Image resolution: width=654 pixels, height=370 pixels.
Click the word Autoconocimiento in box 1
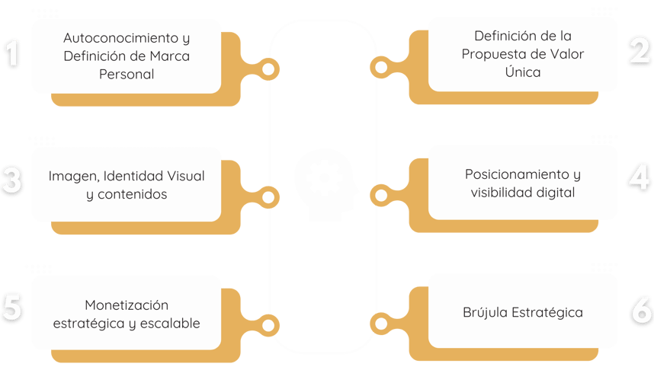[121, 38]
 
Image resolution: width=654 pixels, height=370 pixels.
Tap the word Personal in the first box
[127, 74]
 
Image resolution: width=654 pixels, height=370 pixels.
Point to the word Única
[523, 72]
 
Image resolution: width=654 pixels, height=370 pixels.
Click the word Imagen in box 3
[74, 177]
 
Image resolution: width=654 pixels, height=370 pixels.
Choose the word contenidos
[132, 194]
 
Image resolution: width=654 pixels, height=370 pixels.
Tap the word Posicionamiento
[517, 174]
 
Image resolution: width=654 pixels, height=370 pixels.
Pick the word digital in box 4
[556, 193]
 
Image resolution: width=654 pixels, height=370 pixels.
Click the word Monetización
[127, 305]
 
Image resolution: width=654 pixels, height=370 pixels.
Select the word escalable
[170, 324]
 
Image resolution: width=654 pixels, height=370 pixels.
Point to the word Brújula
[485, 312]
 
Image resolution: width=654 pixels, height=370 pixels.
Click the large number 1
[12, 53]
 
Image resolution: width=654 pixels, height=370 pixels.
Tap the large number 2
[640, 51]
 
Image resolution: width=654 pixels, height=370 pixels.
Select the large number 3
[11, 180]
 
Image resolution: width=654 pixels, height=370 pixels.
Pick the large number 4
[639, 178]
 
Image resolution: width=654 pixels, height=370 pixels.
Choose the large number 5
[12, 308]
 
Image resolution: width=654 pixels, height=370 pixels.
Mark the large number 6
[642, 310]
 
